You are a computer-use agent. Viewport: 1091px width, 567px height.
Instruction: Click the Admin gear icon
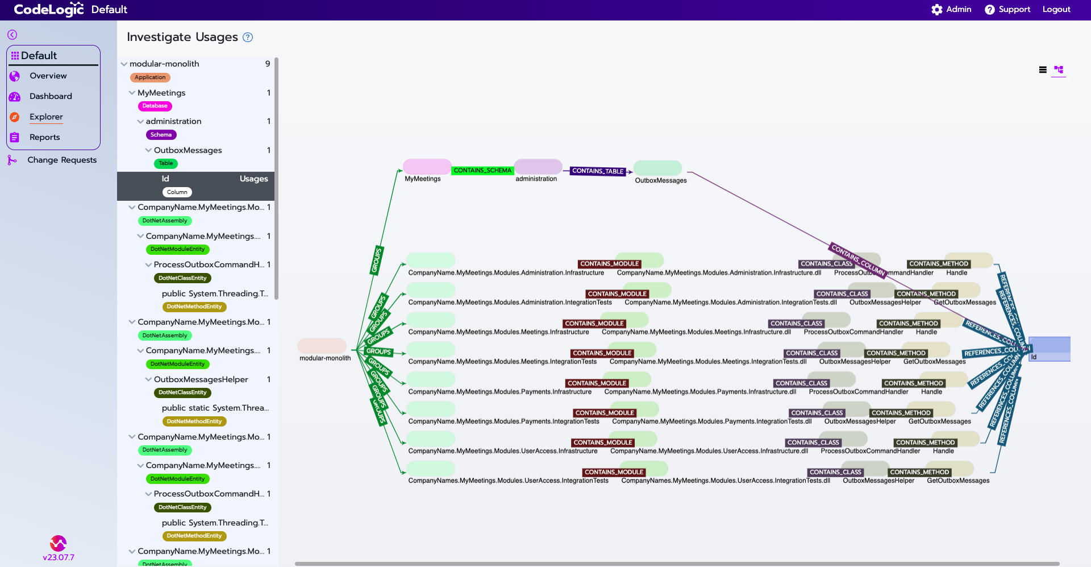936,10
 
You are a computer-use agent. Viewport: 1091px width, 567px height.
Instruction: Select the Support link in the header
1014,10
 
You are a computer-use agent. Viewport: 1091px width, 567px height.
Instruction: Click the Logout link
1056,10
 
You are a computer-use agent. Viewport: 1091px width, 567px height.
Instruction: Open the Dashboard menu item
51,96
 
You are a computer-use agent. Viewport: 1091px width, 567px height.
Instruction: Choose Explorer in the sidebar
46,117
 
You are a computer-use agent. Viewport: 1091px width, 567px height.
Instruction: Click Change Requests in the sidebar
62,160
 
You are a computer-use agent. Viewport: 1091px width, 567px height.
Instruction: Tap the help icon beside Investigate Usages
248,38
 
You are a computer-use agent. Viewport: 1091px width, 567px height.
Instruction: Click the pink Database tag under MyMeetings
155,106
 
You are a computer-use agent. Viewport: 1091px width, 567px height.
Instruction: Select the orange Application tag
150,77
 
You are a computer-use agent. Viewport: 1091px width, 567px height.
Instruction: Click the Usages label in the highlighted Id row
253,179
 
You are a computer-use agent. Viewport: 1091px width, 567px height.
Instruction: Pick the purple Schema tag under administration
161,135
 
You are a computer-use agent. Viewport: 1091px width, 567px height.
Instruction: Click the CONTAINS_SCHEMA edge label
482,171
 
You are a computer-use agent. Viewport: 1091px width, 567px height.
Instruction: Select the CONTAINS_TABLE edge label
598,171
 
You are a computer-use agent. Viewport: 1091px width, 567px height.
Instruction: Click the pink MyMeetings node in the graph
427,167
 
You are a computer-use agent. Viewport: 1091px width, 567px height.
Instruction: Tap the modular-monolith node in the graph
322,346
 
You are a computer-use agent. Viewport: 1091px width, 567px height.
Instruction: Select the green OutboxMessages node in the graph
657,168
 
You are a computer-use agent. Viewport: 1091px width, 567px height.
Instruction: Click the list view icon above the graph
1043,70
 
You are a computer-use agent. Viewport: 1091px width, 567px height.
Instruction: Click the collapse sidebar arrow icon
12,35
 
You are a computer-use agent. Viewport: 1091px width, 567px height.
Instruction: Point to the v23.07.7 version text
59,557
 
